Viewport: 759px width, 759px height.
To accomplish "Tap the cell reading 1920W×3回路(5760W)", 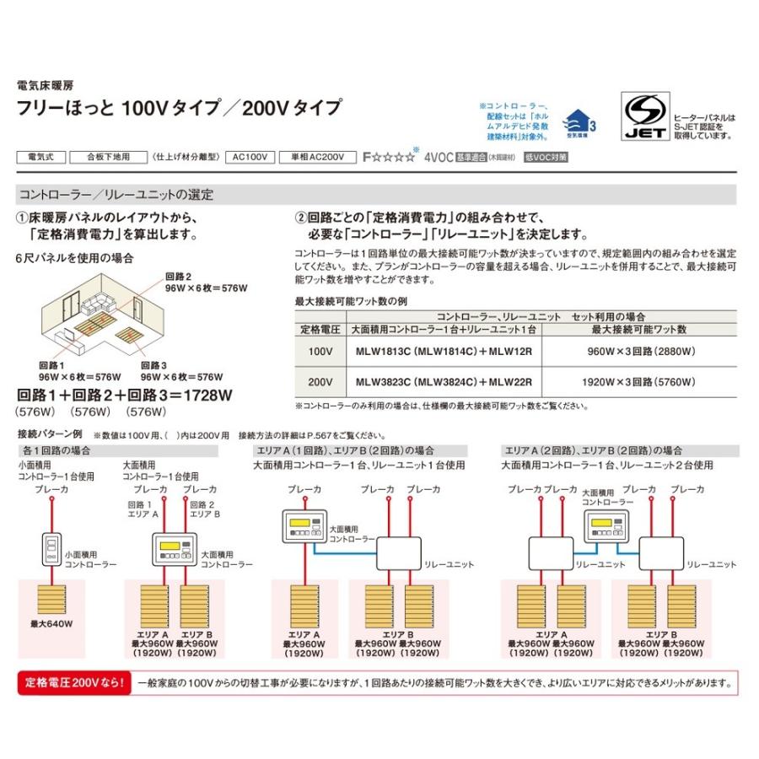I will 640,382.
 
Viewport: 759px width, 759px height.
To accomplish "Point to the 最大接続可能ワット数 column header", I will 640,328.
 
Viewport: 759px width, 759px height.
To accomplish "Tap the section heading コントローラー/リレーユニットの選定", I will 116,194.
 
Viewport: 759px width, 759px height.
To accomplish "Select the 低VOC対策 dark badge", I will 546,157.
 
